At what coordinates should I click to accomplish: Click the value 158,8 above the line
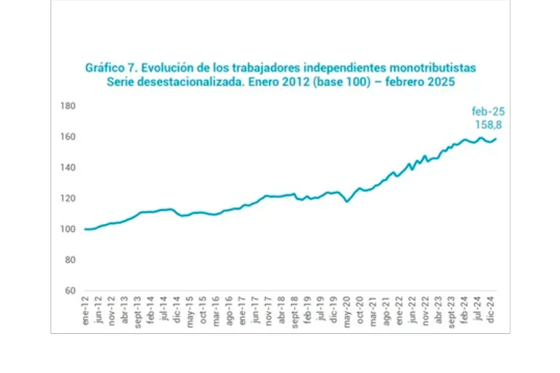click(488, 125)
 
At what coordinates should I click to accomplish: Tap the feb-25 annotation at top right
click(488, 112)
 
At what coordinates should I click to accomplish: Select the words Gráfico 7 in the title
click(108, 67)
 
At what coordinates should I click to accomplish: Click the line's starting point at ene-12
click(85, 229)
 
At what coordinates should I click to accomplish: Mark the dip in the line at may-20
click(347, 201)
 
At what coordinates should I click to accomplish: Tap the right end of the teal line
click(496, 139)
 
